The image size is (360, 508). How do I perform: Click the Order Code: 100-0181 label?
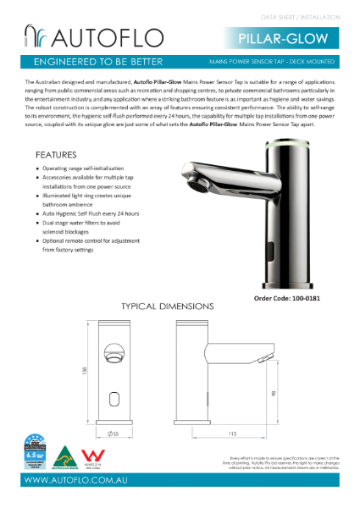pos(287,298)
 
